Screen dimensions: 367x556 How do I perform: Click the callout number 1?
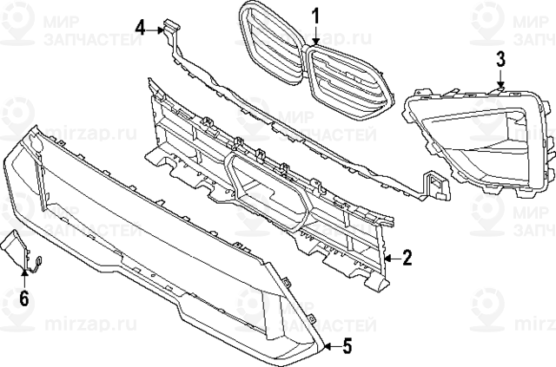click(x=316, y=15)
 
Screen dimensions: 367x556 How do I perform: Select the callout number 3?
click(x=500, y=59)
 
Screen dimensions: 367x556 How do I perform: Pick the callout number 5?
click(x=346, y=347)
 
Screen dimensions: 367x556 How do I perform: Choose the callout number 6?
click(x=23, y=300)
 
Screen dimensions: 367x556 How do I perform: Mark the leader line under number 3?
click(x=500, y=78)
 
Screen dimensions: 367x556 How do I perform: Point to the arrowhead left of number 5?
click(x=327, y=347)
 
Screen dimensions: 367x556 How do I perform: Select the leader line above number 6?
click(x=23, y=279)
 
